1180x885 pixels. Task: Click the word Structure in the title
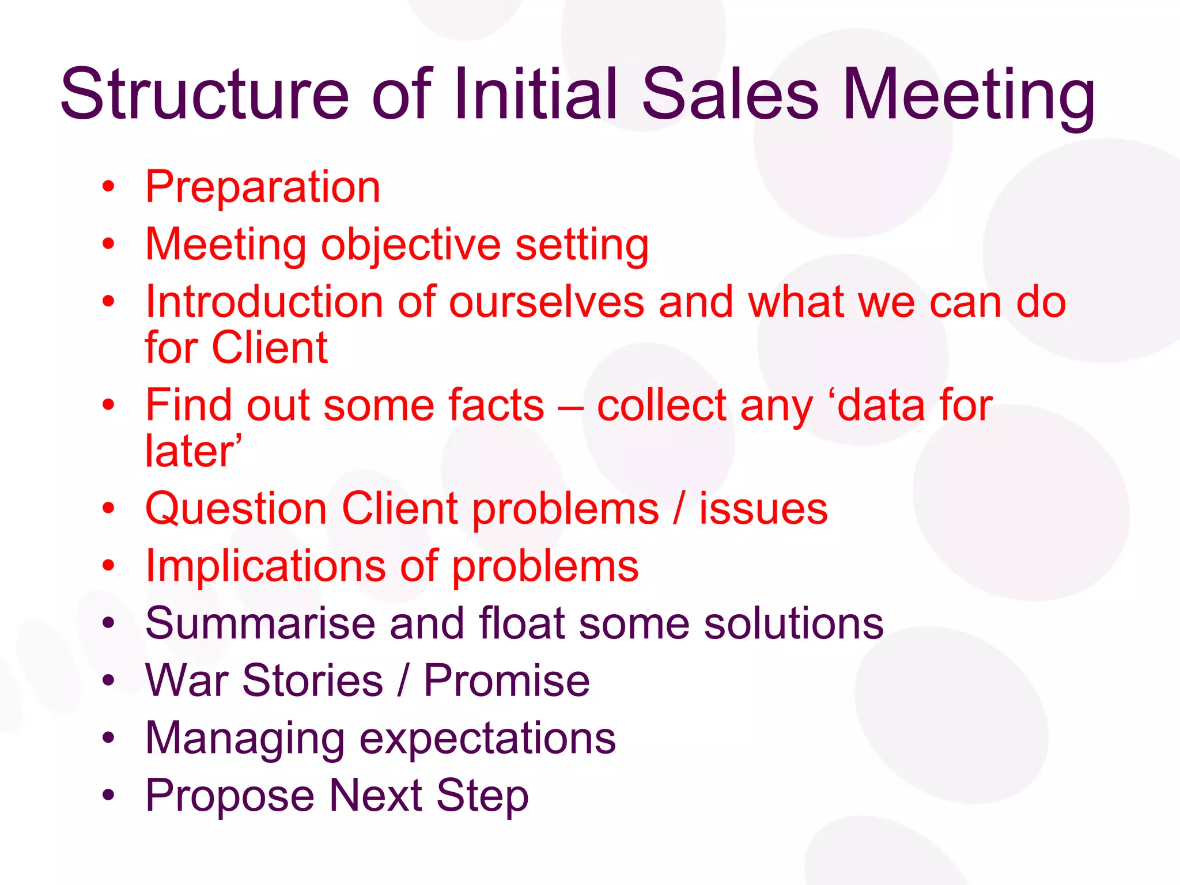click(205, 94)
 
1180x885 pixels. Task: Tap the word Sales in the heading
click(729, 94)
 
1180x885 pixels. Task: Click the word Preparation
click(263, 187)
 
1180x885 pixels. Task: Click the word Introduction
click(264, 302)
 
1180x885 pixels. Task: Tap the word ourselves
click(546, 302)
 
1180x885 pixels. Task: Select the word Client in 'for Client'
click(270, 348)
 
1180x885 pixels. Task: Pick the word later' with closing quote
click(193, 451)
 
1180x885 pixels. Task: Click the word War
click(186, 681)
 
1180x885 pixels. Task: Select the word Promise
click(506, 681)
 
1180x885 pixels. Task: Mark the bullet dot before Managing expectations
click(108, 738)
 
